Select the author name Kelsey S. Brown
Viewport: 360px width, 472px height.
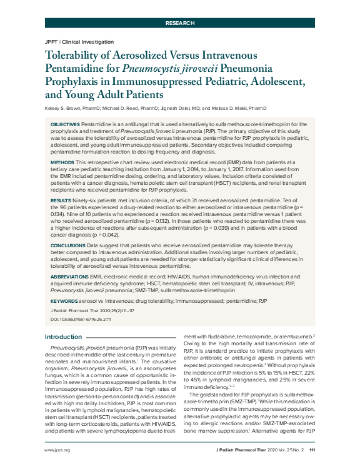pyautogui.click(x=62, y=109)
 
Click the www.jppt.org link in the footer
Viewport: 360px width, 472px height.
pyautogui.click(x=57, y=450)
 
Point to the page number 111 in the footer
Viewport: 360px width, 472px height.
pyautogui.click(x=312, y=450)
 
